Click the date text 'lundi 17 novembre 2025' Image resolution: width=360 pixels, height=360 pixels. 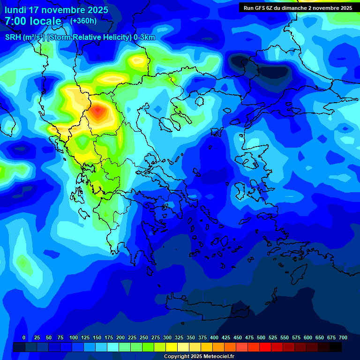[56, 10]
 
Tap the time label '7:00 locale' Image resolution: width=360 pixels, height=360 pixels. [33, 21]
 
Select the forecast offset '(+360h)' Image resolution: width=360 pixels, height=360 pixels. [83, 21]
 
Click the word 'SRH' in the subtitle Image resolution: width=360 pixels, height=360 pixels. [13, 37]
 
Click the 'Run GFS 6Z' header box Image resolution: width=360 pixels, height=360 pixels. [298, 8]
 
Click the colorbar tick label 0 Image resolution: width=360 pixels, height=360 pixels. [24, 337]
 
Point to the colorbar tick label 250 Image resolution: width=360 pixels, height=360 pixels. [144, 337]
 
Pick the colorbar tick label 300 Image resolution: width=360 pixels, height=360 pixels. [167, 337]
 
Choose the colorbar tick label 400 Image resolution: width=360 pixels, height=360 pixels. [214, 337]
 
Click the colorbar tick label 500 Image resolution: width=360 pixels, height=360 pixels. [261, 337]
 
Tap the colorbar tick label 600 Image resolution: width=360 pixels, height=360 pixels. [308, 337]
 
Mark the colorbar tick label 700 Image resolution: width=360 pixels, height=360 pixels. [343, 337]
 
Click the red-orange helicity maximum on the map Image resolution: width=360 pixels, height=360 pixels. [97, 112]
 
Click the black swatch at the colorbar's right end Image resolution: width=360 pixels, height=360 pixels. [336, 347]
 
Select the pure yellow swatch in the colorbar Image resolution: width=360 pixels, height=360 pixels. [172, 347]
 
